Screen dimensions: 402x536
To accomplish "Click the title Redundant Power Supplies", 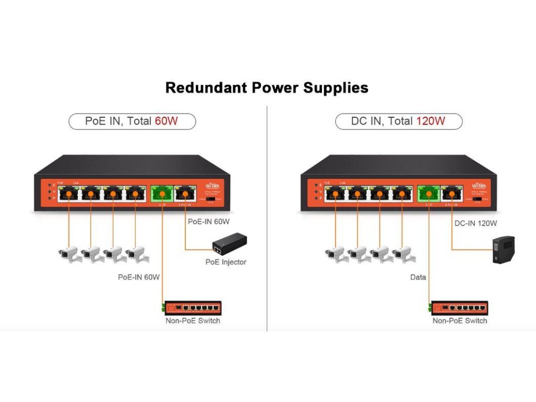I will (x=266, y=87).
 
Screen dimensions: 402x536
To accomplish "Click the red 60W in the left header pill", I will (x=166, y=121).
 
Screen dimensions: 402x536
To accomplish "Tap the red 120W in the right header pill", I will (x=430, y=121).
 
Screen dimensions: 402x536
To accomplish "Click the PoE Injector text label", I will (x=226, y=262).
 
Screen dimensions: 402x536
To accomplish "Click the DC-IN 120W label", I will (x=476, y=223).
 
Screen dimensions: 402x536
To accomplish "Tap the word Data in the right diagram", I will (x=418, y=277).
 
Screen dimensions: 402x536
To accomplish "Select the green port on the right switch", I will (x=428, y=194).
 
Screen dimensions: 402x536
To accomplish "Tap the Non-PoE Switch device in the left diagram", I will (x=193, y=308).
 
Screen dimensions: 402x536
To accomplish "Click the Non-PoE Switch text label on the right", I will (x=460, y=321).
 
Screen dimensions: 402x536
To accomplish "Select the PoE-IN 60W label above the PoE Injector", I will (x=209, y=221).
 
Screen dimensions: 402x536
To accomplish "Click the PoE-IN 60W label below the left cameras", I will (x=139, y=277).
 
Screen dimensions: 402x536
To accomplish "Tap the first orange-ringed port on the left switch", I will (x=69, y=194).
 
